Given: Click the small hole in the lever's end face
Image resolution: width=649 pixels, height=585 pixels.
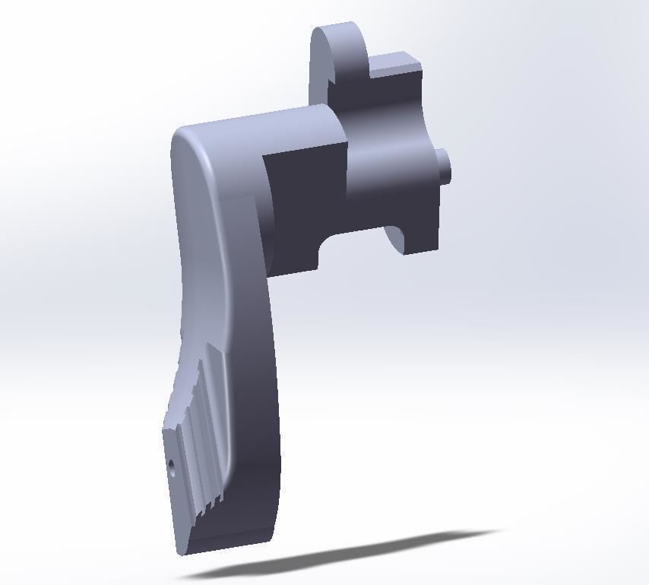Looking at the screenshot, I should point(171,468).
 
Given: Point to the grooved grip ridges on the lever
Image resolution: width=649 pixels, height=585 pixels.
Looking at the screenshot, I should point(201,426).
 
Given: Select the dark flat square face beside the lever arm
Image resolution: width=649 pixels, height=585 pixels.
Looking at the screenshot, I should point(300,205).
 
